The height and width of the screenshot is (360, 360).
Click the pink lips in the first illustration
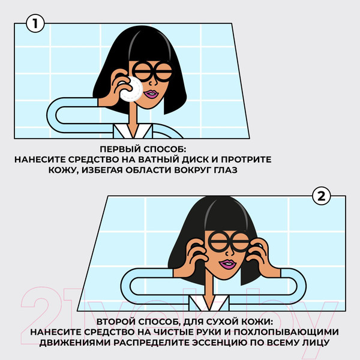click(x=151, y=94)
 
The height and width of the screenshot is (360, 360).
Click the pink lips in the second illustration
click(x=228, y=265)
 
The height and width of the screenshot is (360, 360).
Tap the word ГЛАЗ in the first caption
click(x=225, y=172)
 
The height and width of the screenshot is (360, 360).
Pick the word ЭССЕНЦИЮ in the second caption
click(x=224, y=343)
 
